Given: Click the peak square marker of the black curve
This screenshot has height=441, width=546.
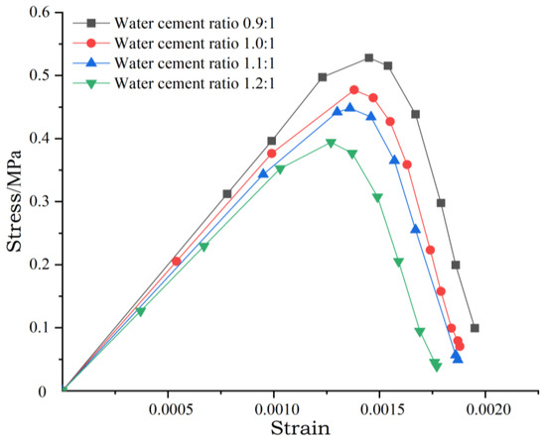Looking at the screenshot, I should tap(369, 58).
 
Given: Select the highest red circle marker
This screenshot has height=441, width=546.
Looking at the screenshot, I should tap(354, 89).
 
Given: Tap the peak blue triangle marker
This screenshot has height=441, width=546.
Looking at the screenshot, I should tap(349, 108).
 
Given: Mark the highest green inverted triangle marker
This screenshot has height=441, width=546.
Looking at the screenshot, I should tap(332, 143).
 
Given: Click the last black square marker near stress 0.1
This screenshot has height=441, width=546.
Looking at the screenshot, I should tap(475, 328).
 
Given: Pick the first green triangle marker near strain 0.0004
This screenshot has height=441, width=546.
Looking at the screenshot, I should tap(140, 311).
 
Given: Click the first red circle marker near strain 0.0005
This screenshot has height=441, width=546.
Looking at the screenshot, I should tap(177, 261).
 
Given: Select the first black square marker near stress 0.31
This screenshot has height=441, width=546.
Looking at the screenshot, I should tap(227, 194).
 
